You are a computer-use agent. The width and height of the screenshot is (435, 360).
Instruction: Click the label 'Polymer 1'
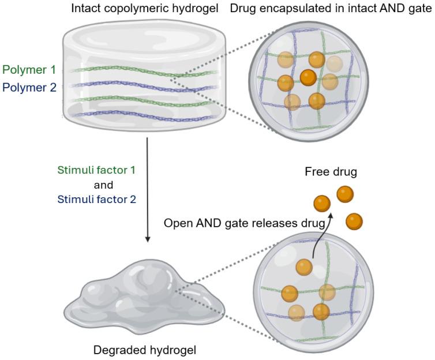(28, 70)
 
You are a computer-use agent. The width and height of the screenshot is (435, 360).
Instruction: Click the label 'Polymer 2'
(28, 88)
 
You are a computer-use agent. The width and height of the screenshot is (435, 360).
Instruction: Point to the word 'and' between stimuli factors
(103, 185)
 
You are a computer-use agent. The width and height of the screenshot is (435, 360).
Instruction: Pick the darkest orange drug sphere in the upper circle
(309, 77)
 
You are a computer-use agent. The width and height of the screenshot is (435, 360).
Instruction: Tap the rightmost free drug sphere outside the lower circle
(354, 222)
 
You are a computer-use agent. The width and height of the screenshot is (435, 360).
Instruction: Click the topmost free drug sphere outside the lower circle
(345, 194)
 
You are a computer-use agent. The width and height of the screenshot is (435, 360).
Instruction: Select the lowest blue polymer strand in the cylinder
(141, 114)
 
